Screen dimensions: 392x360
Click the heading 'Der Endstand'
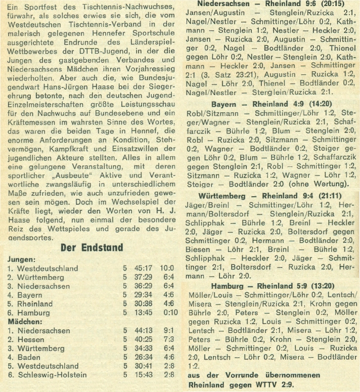pos(92,247)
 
